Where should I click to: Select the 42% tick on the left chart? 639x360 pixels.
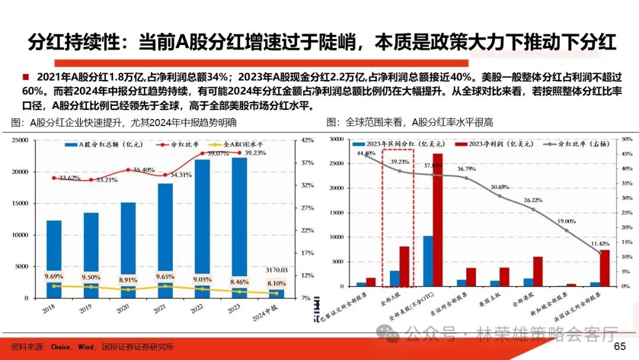click(307, 140)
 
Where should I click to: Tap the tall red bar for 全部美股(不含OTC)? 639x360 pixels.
click(437, 220)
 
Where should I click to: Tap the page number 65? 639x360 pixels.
click(620, 346)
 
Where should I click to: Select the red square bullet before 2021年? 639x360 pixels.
click(25, 77)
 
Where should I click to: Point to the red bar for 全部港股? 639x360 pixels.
click(537, 271)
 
